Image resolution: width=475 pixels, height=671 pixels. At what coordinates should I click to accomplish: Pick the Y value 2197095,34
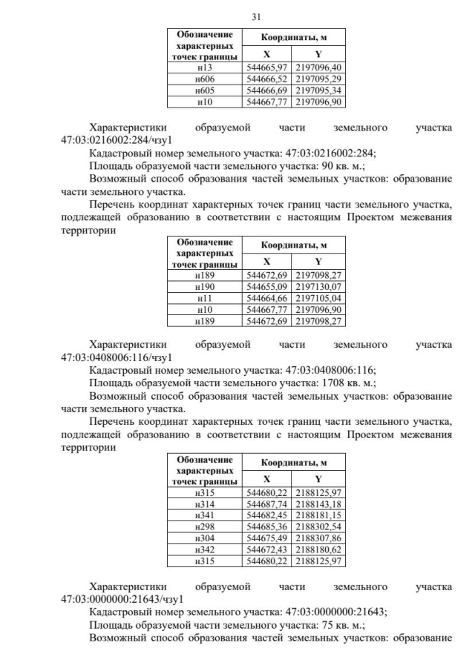coord(318,90)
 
